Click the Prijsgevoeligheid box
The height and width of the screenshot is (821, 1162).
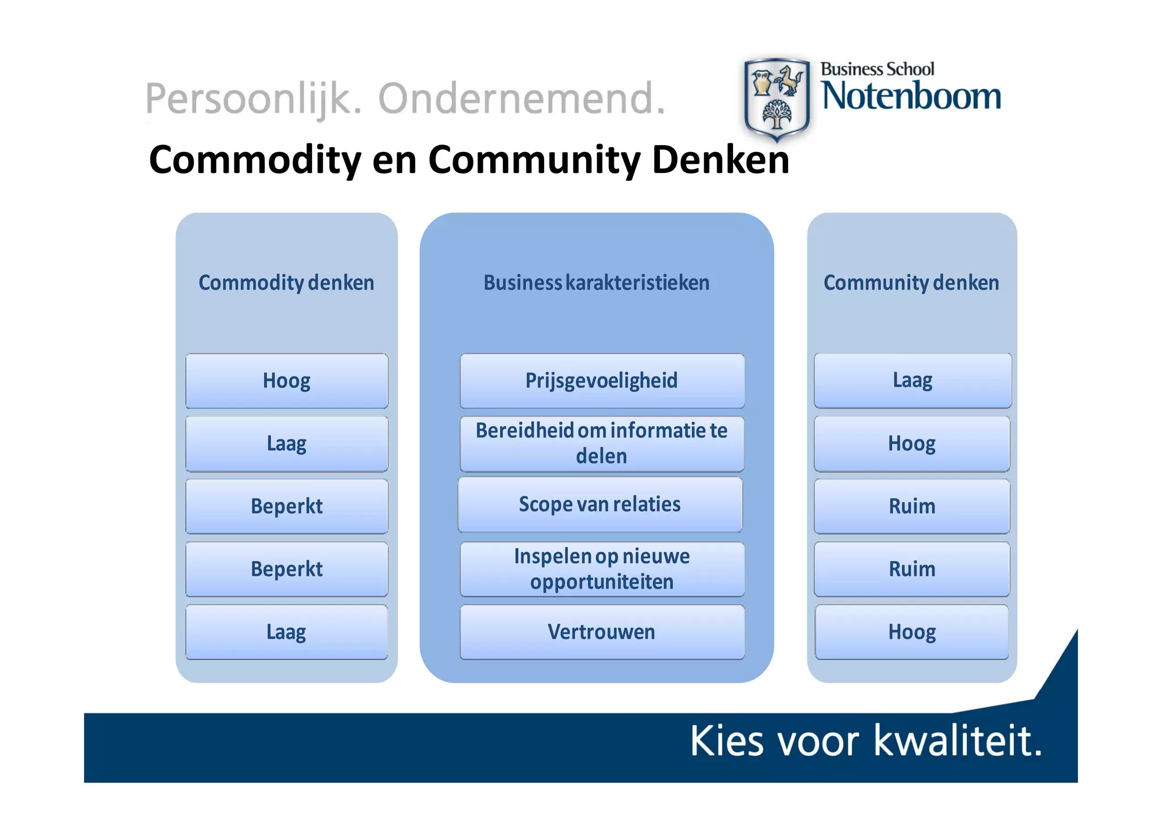click(601, 380)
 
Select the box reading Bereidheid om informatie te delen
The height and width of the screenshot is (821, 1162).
click(601, 443)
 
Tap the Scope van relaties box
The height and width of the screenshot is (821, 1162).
click(600, 505)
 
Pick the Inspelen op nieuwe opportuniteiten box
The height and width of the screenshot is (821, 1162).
click(601, 569)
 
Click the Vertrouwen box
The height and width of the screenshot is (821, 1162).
click(601, 632)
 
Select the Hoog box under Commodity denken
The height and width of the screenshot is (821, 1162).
click(287, 380)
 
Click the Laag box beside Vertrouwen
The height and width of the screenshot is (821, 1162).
click(287, 632)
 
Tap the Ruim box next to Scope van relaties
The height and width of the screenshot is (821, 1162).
click(912, 506)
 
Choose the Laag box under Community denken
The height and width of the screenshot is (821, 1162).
click(912, 380)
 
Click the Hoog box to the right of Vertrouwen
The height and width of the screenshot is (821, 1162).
click(912, 632)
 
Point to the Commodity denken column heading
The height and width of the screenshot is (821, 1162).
click(287, 282)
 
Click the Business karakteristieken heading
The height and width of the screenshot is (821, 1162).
click(596, 282)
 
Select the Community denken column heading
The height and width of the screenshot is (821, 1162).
click(911, 282)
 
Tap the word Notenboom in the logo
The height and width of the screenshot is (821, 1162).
click(911, 96)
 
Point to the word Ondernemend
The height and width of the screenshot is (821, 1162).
click(521, 99)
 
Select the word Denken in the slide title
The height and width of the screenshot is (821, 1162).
click(721, 160)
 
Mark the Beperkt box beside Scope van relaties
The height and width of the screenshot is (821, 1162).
click(287, 506)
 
